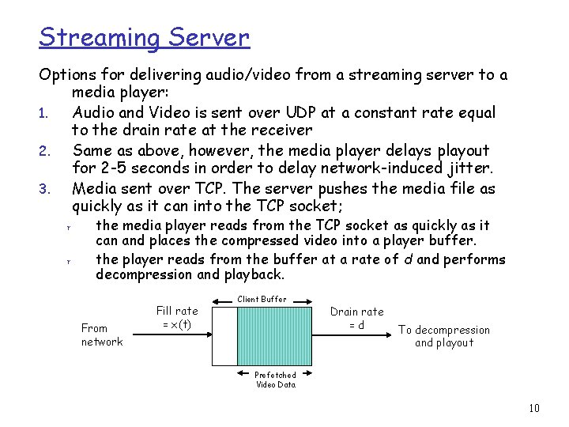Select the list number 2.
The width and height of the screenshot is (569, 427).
[45, 151]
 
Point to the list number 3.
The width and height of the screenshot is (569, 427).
[45, 190]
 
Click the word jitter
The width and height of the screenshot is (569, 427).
[466, 169]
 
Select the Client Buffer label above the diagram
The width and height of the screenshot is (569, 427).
[262, 300]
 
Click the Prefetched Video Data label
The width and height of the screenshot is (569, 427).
[275, 380]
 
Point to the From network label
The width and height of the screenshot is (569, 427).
[102, 334]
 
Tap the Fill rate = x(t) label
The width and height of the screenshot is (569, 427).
[177, 318]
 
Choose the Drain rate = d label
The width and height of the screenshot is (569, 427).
[356, 318]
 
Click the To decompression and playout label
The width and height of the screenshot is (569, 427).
[443, 336]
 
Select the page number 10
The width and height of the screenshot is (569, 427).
[534, 408]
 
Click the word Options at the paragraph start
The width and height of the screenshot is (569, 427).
[67, 75]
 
